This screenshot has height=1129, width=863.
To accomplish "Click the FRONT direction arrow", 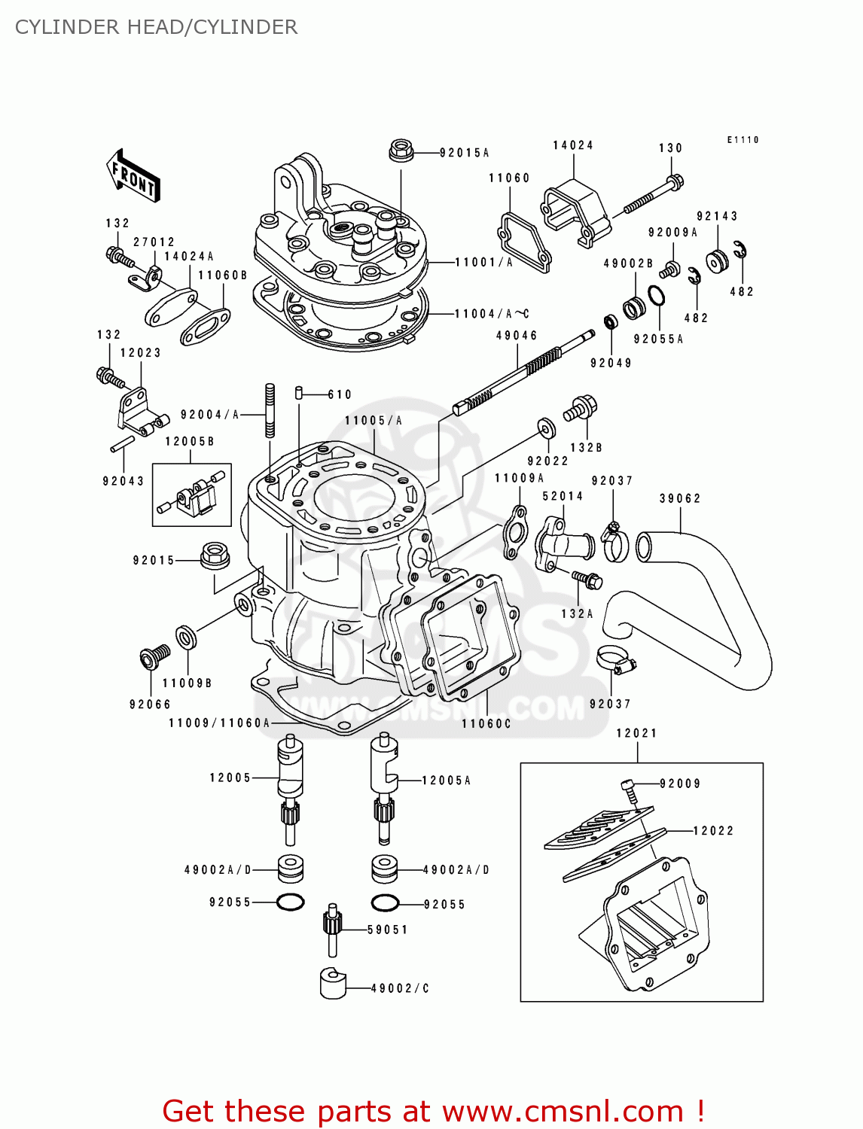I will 133,175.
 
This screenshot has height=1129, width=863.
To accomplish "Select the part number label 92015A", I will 464,153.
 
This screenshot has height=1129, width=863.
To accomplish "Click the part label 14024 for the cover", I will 573,145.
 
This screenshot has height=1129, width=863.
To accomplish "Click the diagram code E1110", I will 743,140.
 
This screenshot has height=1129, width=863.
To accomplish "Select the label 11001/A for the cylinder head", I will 483,263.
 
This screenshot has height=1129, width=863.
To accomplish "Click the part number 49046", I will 517,336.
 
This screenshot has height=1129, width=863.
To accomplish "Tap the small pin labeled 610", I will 299,392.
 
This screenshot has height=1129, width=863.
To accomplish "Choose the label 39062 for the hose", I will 680,498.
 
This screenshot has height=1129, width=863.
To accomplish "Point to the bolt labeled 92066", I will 155,658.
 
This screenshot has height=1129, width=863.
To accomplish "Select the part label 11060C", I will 486,723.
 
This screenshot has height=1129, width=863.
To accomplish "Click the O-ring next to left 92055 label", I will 291,902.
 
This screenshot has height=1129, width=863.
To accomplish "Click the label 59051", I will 388,930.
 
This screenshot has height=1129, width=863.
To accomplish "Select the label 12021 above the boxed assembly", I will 636,733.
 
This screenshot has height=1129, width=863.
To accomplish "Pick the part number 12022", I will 712,831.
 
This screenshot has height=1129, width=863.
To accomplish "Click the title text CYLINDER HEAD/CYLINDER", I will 156,27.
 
